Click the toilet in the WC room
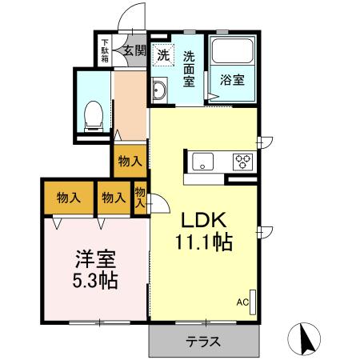[93, 113]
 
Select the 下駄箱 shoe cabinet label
[105, 50]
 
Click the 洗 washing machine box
[163, 56]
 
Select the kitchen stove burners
[243, 162]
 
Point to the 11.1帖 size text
[204, 242]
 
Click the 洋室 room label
[95, 260]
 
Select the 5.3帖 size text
[95, 281]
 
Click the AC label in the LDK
[242, 302]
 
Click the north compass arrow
[305, 340]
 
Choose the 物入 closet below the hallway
[130, 161]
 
